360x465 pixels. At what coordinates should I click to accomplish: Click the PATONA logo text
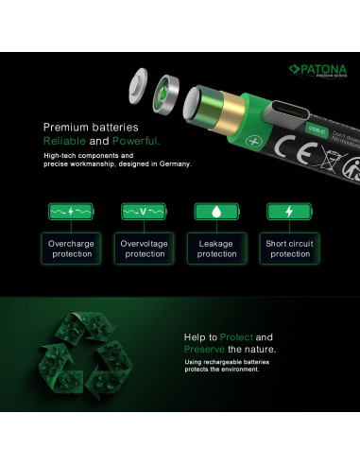(322, 69)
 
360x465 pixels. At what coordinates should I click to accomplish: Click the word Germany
(175, 164)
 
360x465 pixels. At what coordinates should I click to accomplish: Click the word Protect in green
(236, 336)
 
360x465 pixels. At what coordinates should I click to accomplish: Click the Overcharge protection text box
(71, 249)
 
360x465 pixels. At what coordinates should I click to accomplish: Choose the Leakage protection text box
(216, 249)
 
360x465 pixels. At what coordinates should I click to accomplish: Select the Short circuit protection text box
(289, 249)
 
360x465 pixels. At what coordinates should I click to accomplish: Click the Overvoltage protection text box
(145, 249)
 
